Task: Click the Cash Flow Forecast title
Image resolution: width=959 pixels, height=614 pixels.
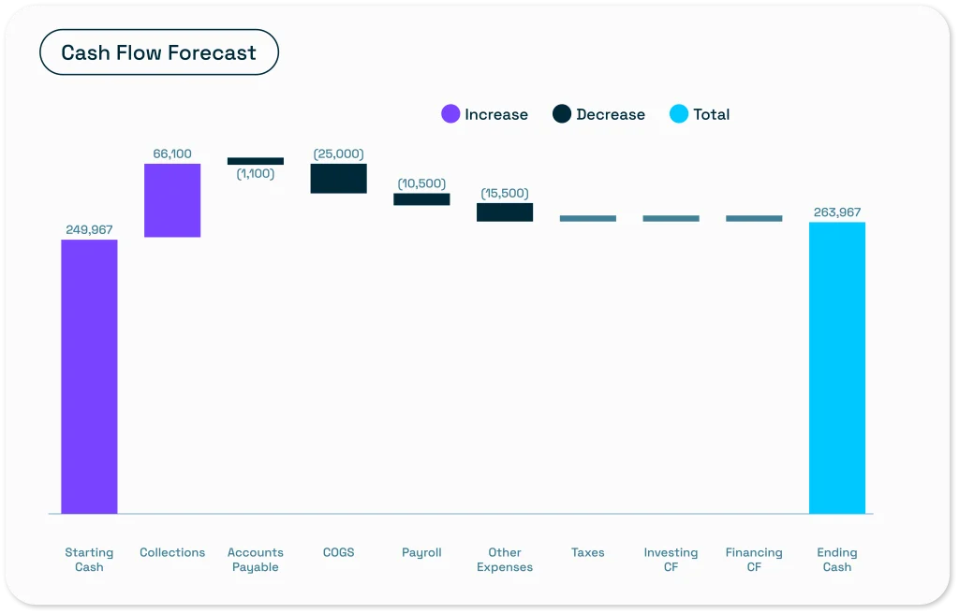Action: (158, 52)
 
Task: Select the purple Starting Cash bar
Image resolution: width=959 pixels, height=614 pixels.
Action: (89, 376)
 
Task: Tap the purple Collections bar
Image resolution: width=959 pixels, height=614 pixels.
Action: (172, 200)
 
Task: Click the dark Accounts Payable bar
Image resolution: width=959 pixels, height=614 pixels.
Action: (256, 161)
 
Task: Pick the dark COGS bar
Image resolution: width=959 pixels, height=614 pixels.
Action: (339, 179)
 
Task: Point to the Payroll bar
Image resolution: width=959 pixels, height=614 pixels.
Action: (422, 199)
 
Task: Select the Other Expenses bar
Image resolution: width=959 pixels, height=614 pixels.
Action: (505, 212)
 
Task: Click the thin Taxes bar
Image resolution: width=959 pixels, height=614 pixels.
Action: (588, 218)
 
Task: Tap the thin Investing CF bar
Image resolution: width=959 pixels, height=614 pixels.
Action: (671, 218)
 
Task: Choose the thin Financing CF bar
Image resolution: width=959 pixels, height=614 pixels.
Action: (754, 218)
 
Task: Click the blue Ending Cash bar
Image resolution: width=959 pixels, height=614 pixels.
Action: (837, 368)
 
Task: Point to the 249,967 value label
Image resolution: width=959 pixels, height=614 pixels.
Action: (89, 230)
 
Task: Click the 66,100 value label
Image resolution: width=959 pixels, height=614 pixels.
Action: (172, 153)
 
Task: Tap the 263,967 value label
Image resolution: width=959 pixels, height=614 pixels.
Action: (837, 212)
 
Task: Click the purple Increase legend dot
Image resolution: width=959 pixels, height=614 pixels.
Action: (450, 114)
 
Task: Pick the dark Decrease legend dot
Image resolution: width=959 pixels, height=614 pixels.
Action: (562, 114)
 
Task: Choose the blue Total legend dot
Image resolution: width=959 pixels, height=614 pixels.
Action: (679, 114)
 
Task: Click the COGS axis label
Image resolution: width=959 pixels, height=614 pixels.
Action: (339, 552)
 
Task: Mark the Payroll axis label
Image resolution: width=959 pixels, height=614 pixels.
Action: (421, 553)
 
